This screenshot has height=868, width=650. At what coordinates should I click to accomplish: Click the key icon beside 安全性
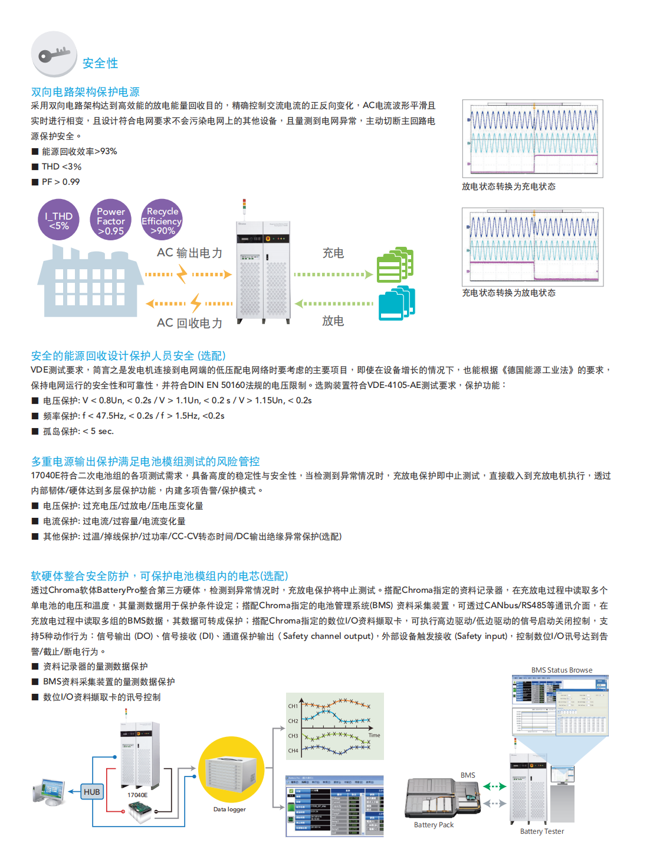tap(54, 55)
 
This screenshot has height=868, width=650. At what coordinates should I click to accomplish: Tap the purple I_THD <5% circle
tap(58, 220)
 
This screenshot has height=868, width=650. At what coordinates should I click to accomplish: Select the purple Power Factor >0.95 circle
tap(111, 220)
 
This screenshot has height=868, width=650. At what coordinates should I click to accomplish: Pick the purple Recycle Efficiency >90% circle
tap(162, 220)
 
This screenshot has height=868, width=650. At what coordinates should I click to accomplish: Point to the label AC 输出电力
tap(189, 253)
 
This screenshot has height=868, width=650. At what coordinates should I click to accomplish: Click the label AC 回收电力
tap(189, 323)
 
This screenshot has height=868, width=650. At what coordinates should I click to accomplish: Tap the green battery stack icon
tap(395, 266)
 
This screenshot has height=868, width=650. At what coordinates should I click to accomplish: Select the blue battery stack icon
tap(396, 304)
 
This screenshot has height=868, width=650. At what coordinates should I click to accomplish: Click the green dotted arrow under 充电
tap(333, 275)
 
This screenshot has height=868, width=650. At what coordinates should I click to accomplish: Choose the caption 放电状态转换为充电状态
tap(508, 187)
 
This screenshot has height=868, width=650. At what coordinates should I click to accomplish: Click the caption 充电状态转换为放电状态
tap(508, 293)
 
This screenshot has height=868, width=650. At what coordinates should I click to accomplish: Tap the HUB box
tap(92, 792)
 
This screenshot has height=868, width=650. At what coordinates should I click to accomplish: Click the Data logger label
tap(229, 810)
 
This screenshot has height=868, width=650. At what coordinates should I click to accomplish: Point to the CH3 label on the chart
tap(293, 736)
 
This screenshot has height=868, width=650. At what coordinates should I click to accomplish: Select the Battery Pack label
tap(434, 825)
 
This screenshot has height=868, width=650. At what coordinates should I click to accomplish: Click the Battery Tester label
tap(541, 831)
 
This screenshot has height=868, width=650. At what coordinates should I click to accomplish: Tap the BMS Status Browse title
tap(562, 670)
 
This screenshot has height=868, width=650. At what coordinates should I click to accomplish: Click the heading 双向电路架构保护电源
tap(85, 92)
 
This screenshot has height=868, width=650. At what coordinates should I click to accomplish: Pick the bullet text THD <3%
tap(61, 167)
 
